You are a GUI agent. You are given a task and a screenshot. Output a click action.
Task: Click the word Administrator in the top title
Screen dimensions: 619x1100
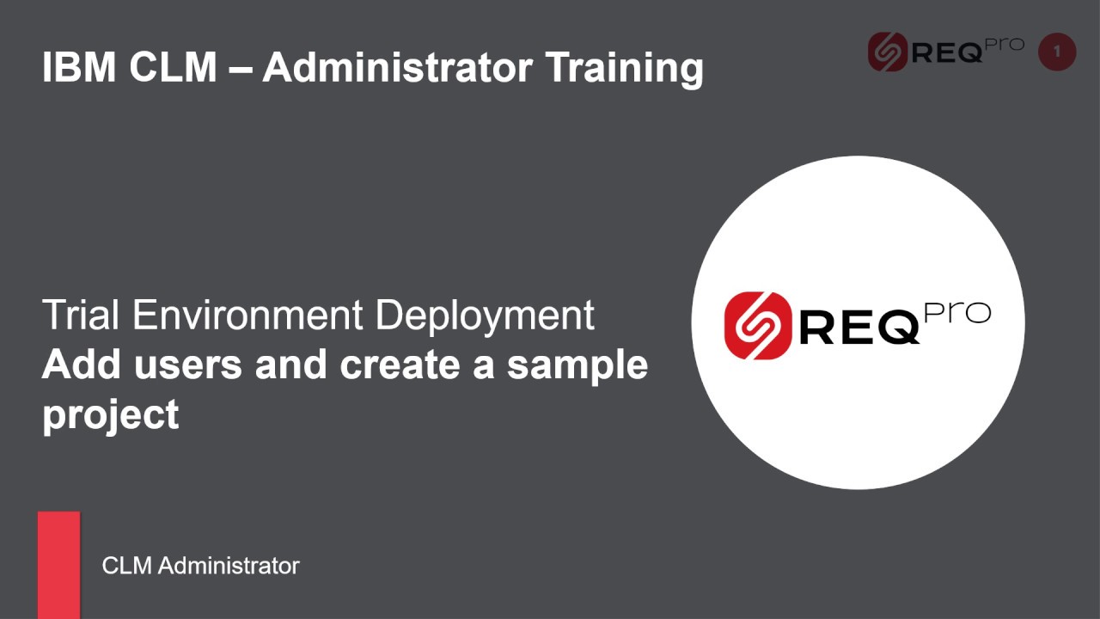point(398,67)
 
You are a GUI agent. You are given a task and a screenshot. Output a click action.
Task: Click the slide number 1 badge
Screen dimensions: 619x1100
point(1057,52)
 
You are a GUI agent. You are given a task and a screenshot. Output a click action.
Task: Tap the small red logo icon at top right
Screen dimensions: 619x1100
point(887,52)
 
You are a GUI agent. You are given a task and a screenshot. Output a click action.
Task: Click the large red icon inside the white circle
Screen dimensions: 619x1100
point(757,325)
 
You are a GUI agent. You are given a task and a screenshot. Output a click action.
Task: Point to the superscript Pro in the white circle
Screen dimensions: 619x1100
point(956,314)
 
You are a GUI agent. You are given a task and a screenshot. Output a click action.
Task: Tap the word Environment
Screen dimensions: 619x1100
point(248,316)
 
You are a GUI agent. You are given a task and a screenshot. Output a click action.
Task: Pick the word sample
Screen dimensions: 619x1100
point(577,366)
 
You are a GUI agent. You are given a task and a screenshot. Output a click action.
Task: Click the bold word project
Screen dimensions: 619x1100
point(110,414)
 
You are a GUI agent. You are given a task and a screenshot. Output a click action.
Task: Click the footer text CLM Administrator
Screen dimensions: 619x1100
point(200,566)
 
